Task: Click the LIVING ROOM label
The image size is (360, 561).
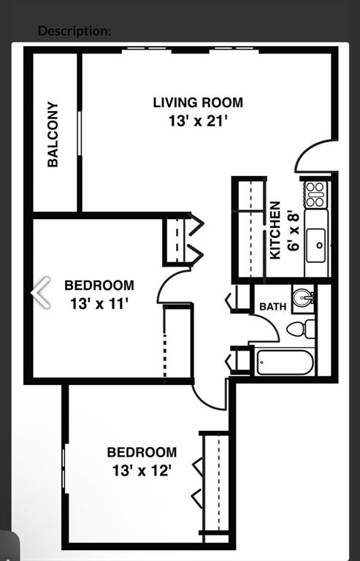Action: point(198,103)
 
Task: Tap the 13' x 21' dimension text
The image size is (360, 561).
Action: point(198,121)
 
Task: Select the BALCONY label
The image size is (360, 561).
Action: point(53,134)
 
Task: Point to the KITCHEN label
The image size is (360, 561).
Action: point(275,230)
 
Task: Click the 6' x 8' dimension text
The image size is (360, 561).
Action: point(293,230)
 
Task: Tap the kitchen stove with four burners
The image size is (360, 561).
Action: point(315,194)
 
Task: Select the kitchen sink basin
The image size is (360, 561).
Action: point(316,245)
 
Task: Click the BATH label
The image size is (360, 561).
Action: point(273,307)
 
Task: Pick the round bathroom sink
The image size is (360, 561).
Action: point(303,297)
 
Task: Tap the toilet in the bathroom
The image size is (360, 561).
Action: point(301,329)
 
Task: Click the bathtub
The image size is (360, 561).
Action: point(285,362)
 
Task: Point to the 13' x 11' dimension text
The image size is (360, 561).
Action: point(99,304)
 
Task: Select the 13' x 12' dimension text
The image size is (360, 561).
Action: point(142,470)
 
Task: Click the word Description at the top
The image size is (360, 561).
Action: point(74,31)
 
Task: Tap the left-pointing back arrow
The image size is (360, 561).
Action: point(41,292)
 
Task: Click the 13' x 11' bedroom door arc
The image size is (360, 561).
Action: point(165,283)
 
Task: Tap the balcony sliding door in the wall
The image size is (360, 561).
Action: point(80,133)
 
